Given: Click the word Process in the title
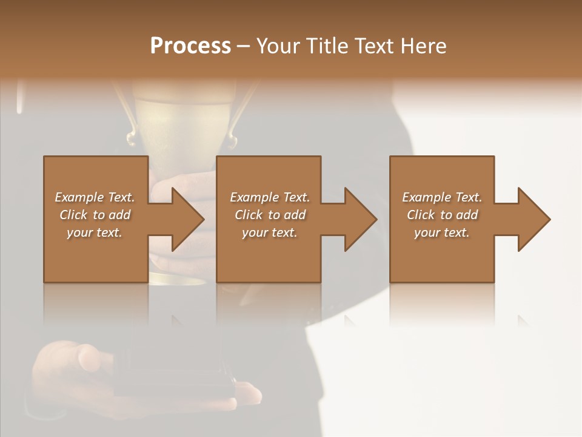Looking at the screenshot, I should [x=190, y=46].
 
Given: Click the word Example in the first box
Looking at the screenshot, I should [x=79, y=197].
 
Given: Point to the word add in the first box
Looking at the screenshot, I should [x=119, y=215].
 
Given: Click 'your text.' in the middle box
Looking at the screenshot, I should [x=269, y=232].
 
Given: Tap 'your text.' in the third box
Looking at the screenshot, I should [x=442, y=232].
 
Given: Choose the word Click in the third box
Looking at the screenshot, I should [x=420, y=215].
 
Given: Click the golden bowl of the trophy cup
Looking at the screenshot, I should [x=182, y=121].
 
